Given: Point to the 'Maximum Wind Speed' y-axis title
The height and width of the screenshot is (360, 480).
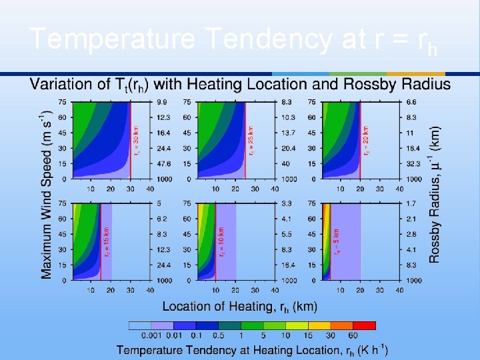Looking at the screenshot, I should pyautogui.click(x=47, y=193).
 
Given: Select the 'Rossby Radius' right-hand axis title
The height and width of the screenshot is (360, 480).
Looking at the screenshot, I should pyautogui.click(x=435, y=194).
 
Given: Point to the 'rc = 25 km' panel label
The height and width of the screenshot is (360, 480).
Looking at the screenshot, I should pyautogui.click(x=251, y=141).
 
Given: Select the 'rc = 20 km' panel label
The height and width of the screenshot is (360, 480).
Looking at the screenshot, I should pyautogui.click(x=366, y=141).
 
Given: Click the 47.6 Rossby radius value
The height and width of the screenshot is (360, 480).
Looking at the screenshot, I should pyautogui.click(x=163, y=164).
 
